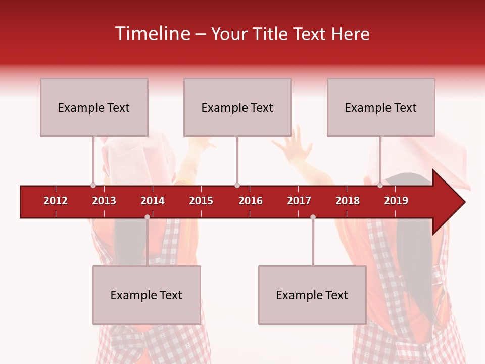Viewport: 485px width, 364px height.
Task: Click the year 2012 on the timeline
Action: [x=56, y=201]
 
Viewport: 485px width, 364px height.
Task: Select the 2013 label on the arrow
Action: [x=104, y=201]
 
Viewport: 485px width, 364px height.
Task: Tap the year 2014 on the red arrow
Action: [x=153, y=201]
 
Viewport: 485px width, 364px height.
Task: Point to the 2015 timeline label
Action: [x=201, y=201]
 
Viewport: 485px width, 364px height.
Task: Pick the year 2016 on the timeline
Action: [x=251, y=201]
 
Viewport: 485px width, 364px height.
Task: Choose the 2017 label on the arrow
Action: [x=299, y=201]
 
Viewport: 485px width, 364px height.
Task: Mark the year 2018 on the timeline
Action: [x=348, y=201]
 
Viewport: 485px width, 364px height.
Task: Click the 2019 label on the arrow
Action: [x=396, y=201]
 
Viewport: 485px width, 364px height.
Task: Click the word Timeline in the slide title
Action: [x=153, y=34]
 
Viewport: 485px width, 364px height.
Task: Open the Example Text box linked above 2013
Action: [x=94, y=107]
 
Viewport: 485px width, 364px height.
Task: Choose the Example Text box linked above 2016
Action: [x=237, y=107]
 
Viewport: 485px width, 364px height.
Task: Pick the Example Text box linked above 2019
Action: [x=381, y=107]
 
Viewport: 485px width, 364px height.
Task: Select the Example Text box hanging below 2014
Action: [x=147, y=295]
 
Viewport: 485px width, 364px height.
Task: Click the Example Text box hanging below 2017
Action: [x=312, y=295]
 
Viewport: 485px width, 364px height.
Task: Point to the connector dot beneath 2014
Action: [x=147, y=217]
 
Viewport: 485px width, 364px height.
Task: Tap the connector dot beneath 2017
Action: [x=313, y=217]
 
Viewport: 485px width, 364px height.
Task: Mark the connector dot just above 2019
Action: [x=380, y=186]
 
